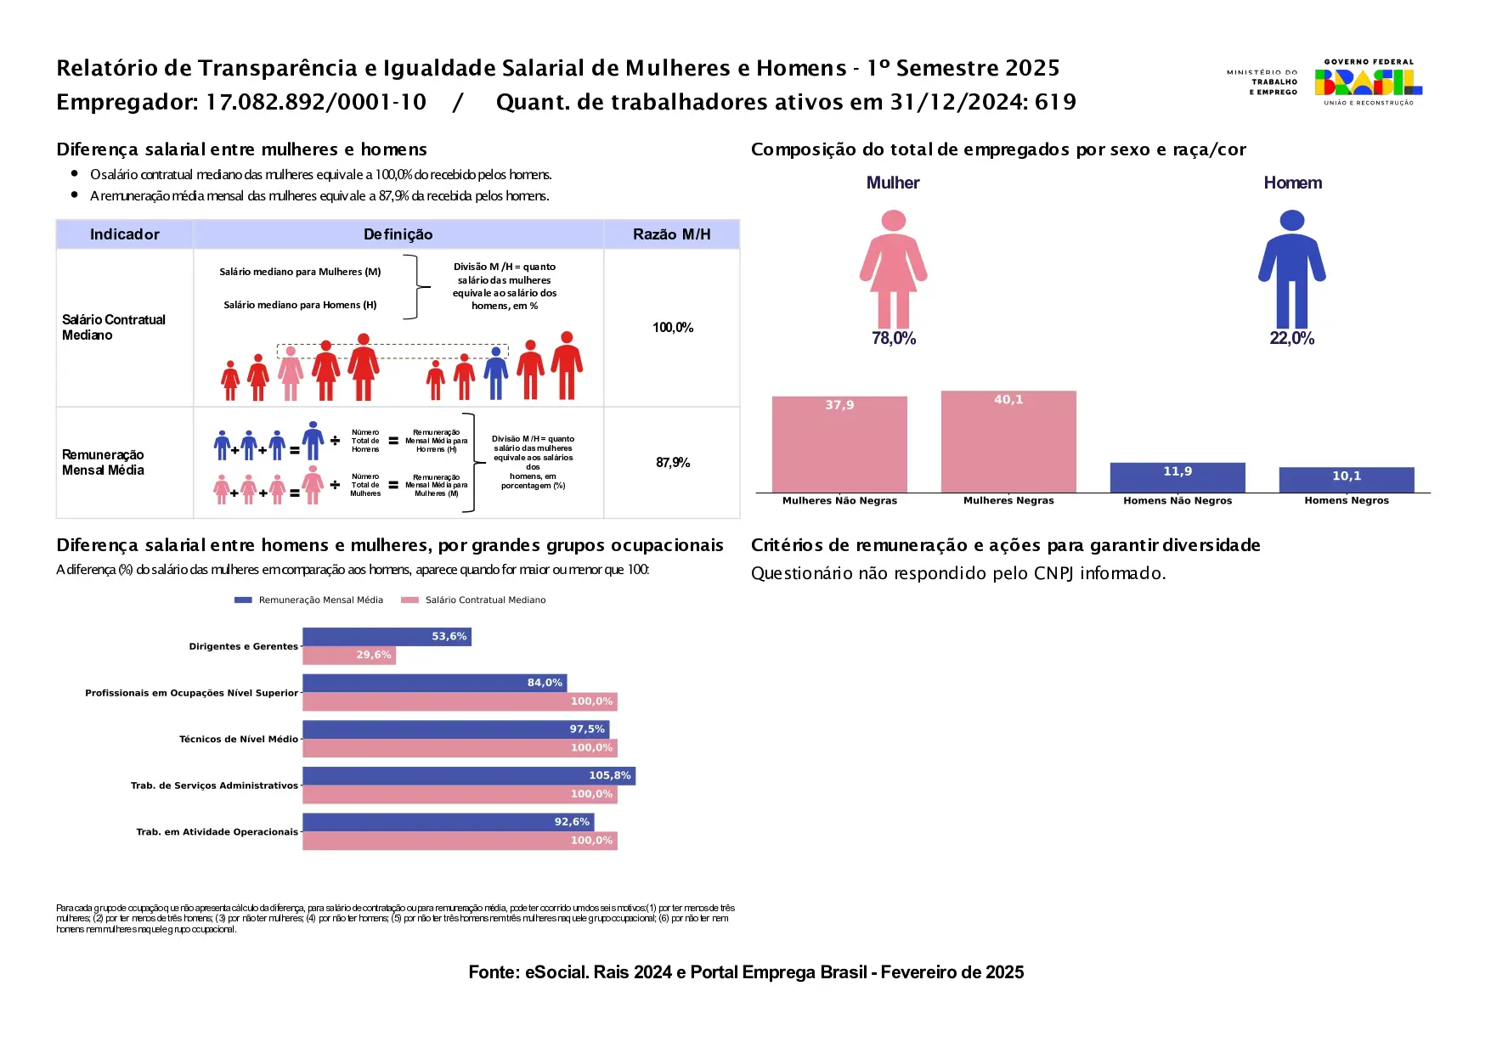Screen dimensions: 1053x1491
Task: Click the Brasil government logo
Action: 1368,82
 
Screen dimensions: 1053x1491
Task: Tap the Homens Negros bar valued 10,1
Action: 1347,480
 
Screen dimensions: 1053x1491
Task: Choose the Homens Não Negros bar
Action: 1178,477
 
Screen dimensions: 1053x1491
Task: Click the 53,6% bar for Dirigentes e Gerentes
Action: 387,637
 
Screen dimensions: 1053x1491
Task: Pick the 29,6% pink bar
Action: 349,656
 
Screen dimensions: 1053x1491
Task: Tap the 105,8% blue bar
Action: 468,776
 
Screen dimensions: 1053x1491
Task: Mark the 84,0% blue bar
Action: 434,683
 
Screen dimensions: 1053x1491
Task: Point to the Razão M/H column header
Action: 671,234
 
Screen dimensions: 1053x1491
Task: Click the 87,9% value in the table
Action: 672,463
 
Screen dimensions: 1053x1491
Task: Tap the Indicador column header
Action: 124,234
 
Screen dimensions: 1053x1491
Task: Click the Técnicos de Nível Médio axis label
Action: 238,740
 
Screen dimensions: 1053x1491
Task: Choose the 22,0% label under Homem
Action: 1291,339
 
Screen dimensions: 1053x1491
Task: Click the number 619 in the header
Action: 1055,103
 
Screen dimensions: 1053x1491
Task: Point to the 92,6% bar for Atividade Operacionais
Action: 448,822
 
